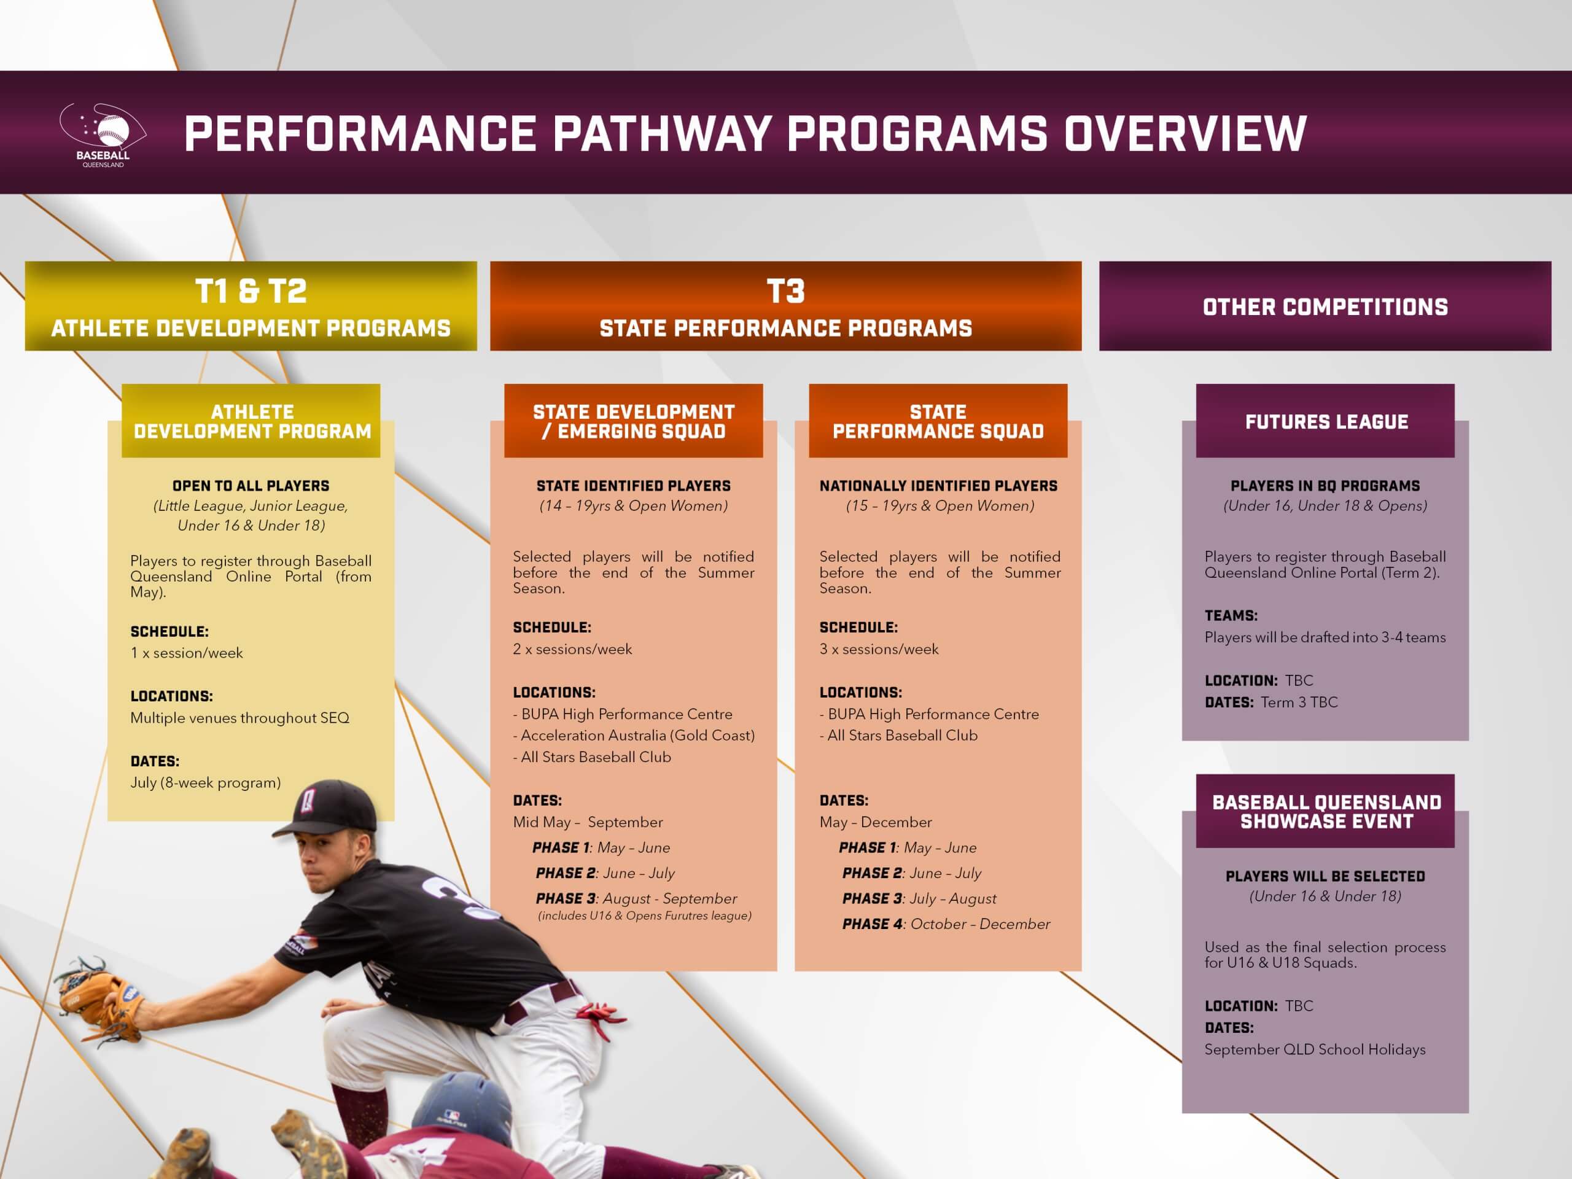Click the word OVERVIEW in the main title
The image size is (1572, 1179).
1185,134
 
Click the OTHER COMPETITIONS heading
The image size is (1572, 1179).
1325,307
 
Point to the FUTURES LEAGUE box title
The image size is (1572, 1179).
1326,422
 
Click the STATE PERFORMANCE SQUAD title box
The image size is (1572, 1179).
938,421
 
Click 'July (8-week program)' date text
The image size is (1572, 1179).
205,783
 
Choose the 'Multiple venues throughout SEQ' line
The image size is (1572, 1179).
239,718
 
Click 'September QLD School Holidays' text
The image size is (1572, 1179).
1315,1049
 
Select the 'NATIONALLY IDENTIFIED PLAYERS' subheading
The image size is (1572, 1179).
938,486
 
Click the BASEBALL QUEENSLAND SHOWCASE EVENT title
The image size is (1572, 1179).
1326,812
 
